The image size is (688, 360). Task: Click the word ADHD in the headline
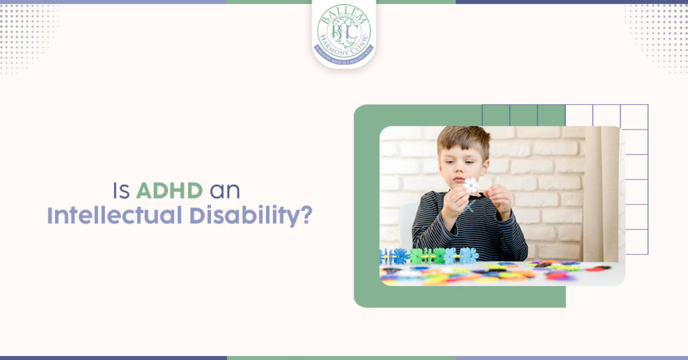(169, 190)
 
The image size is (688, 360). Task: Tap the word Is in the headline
(121, 190)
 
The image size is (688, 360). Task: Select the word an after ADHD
(224, 190)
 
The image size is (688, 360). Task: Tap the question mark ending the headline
(306, 217)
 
